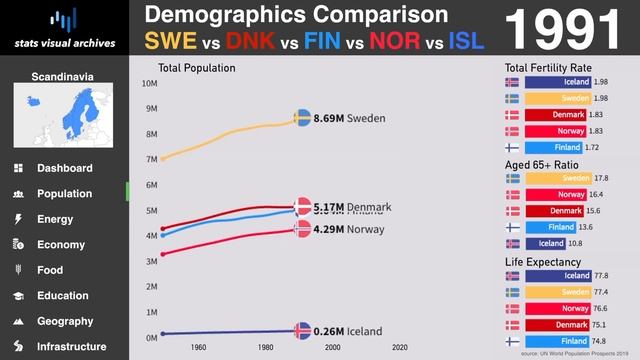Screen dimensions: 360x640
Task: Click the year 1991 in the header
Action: [x=565, y=30]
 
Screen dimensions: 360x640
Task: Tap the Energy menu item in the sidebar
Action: [x=55, y=219]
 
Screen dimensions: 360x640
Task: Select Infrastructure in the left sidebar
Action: [x=71, y=347]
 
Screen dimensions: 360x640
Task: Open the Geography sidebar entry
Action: [x=65, y=321]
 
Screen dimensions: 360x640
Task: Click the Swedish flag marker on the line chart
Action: [x=303, y=118]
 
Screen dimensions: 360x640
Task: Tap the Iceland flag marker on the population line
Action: [x=303, y=331]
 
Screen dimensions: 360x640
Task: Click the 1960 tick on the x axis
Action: [x=198, y=347]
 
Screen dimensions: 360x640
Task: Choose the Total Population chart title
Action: [x=197, y=68]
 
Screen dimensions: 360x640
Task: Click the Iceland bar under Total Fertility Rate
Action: [x=556, y=82]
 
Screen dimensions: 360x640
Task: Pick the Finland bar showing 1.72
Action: [x=556, y=146]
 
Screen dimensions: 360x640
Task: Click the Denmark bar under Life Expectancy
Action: [x=556, y=324]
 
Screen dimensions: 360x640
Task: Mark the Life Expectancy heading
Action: [x=544, y=262]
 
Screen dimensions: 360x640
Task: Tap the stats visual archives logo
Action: [x=64, y=30]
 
